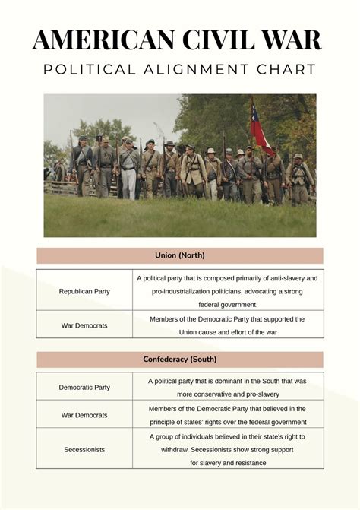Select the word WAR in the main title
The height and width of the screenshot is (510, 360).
point(289,39)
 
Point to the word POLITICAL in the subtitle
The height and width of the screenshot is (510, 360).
point(88,70)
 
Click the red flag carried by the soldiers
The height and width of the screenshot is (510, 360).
point(261,128)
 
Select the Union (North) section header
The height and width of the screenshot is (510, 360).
point(179,255)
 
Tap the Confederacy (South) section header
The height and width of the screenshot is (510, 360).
point(179,359)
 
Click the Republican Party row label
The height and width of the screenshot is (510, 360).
point(84,291)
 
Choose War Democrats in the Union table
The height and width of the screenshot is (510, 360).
point(84,325)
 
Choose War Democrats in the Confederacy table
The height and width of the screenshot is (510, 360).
point(84,415)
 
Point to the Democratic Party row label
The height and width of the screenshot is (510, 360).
point(84,388)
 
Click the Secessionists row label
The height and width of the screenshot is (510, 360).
point(84,450)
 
